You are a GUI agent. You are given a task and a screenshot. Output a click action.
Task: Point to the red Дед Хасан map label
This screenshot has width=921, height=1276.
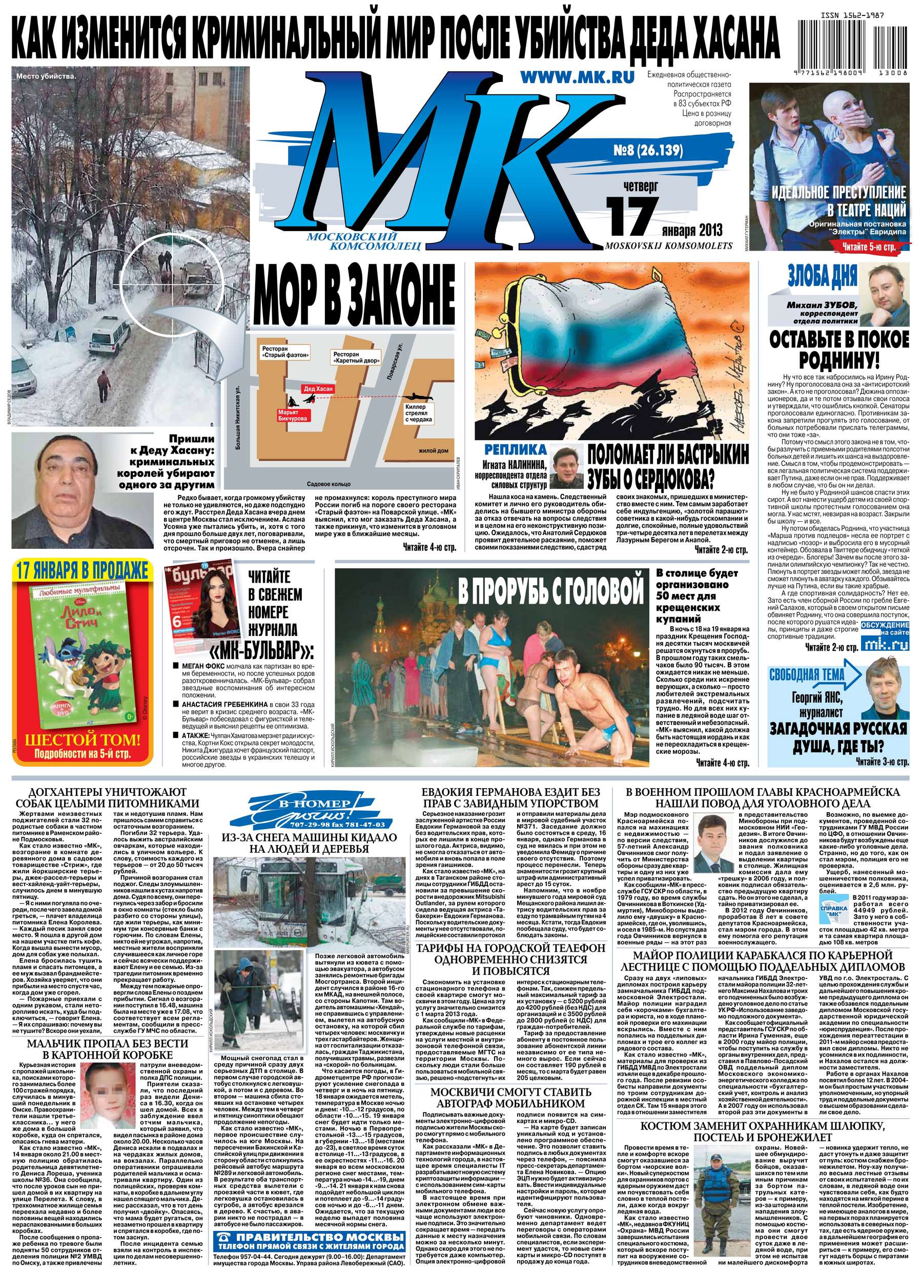click(318, 389)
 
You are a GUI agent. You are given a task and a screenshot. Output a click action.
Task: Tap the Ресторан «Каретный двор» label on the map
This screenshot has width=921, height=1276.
click(353, 358)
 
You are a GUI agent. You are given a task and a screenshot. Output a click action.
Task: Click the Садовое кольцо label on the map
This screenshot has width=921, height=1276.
click(329, 484)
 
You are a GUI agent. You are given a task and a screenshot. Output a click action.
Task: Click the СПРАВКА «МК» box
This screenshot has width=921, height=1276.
click(834, 912)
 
